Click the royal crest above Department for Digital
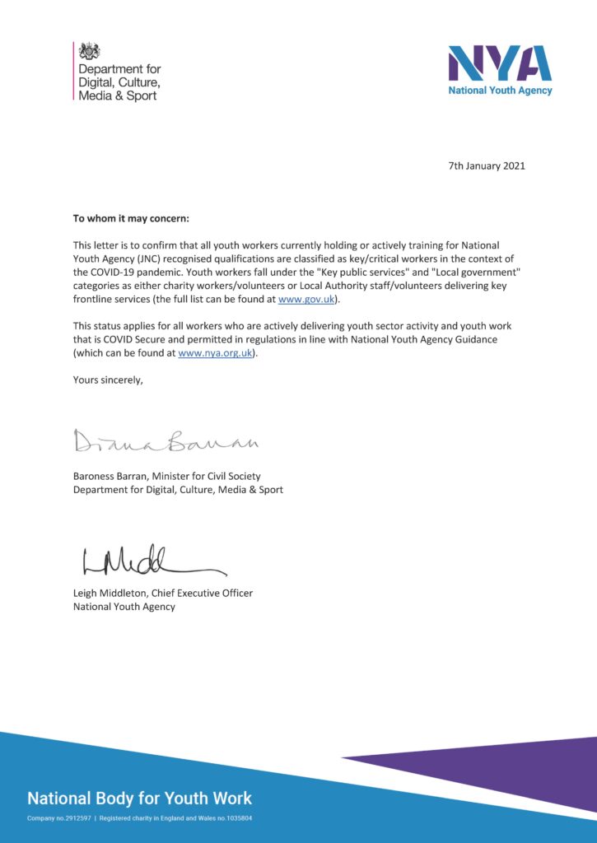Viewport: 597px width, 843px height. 89,51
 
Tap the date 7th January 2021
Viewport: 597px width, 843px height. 487,165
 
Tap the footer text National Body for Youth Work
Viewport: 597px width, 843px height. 140,798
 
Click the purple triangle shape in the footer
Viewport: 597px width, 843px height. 511,770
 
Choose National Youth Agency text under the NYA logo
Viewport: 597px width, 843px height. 500,91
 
